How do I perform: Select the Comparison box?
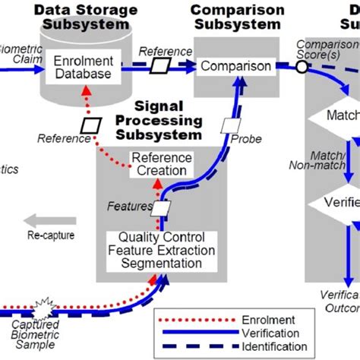tap(235, 66)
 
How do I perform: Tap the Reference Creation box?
tap(159, 164)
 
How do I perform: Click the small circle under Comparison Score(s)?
tap(301, 66)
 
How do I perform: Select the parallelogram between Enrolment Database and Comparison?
tap(160, 66)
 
